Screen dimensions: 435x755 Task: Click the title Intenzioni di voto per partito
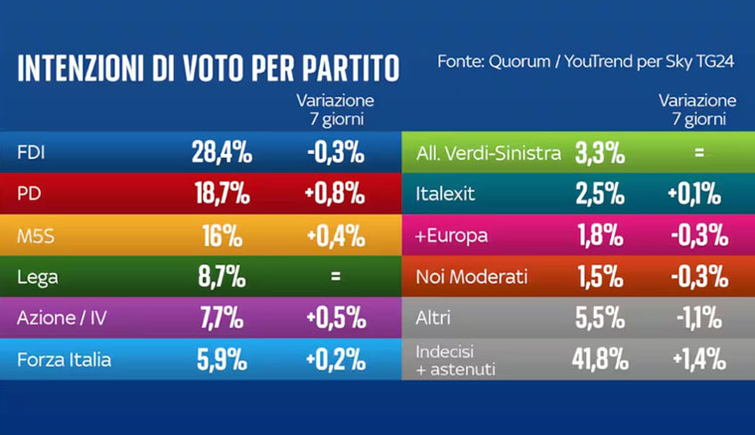(x=209, y=69)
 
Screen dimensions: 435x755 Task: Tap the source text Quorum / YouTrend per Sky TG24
(x=586, y=63)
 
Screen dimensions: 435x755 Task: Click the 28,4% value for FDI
(x=221, y=153)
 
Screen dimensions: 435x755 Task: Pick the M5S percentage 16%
(x=221, y=235)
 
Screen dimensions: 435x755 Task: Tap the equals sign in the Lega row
(x=335, y=277)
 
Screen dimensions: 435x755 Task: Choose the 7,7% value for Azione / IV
(x=221, y=319)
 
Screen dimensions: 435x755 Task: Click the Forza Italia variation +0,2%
(x=335, y=361)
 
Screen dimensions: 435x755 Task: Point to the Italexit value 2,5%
(x=599, y=194)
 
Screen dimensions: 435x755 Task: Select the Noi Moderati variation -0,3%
(x=697, y=277)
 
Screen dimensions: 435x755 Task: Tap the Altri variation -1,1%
(x=697, y=319)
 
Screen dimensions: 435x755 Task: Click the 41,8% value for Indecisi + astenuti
(x=599, y=361)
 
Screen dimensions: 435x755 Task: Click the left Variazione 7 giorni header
(x=335, y=109)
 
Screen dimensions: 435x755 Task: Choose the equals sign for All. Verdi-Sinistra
(x=697, y=153)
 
